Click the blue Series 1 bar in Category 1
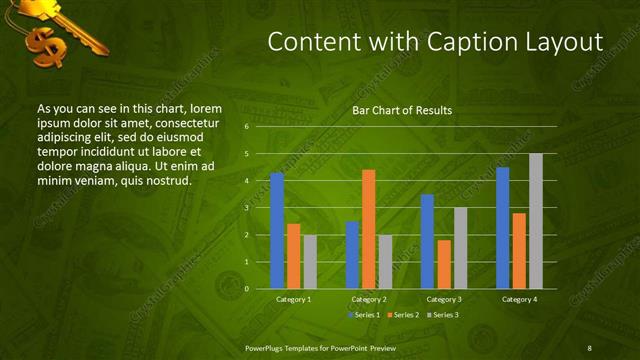[277, 231]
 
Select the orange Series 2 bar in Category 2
[368, 229]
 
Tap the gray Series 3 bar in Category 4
[536, 221]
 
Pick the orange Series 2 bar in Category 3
[444, 264]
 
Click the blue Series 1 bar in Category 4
[502, 228]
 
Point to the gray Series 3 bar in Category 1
[310, 262]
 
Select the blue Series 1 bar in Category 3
[427, 241]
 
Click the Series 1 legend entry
[363, 315]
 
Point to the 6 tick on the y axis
[246, 127]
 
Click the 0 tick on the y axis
[246, 289]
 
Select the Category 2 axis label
[369, 299]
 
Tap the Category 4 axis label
[518, 299]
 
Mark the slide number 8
[589, 347]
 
